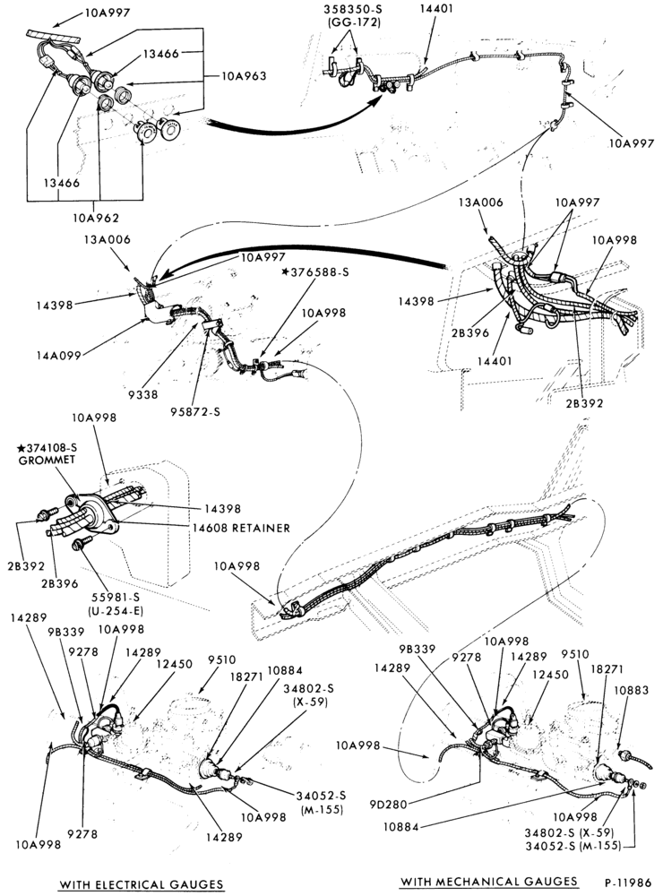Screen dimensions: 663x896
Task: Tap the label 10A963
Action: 244,76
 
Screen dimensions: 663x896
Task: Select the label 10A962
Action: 96,217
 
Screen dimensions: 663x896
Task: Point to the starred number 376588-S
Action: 315,272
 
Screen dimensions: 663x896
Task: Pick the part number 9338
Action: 143,394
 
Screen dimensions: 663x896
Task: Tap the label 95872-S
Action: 194,411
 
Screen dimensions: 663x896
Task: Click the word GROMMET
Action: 47,460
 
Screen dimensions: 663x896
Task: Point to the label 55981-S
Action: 115,597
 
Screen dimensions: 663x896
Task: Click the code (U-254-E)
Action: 116,610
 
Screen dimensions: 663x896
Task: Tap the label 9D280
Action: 388,805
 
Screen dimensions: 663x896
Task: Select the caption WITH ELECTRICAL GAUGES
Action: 142,884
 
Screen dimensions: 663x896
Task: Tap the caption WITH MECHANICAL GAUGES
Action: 488,881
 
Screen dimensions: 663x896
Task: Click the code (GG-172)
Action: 355,23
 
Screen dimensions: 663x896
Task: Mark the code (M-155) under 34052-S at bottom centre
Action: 322,809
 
